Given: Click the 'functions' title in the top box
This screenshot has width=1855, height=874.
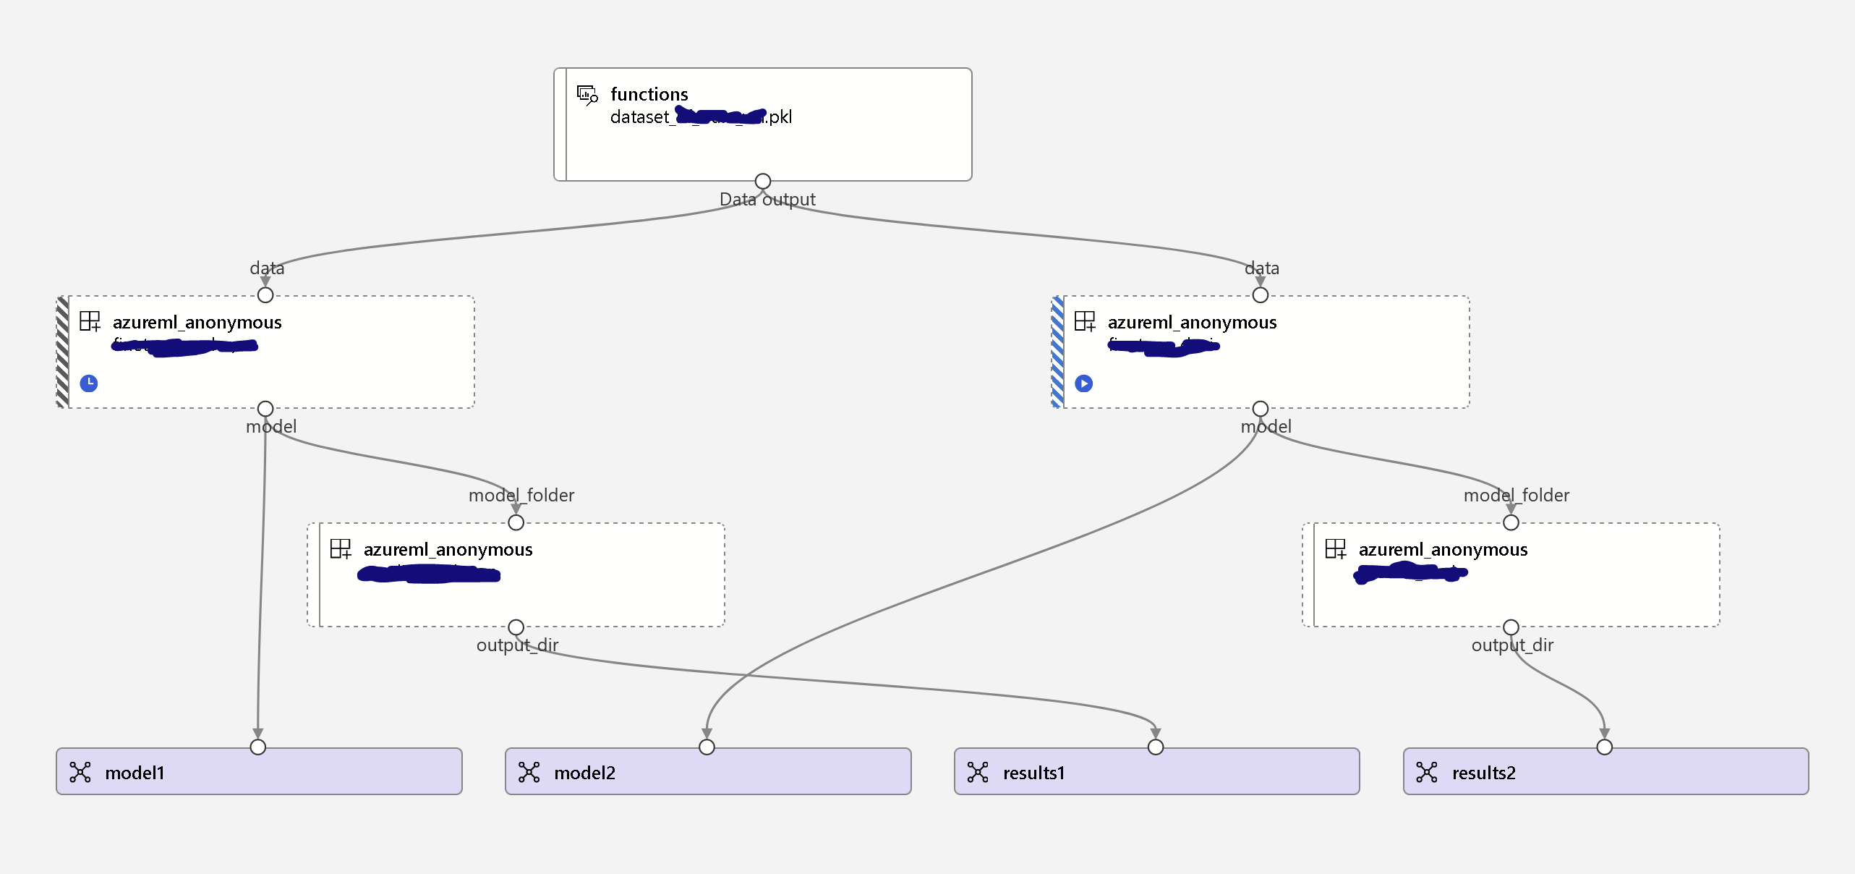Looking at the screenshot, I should pyautogui.click(x=649, y=94).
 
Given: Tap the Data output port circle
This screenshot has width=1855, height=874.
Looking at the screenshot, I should pyautogui.click(x=762, y=181).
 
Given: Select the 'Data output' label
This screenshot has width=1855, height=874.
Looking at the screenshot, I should pyautogui.click(x=767, y=200).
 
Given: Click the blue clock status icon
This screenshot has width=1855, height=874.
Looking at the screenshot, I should pyautogui.click(x=89, y=383).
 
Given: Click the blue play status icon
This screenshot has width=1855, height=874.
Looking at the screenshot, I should pyautogui.click(x=1083, y=383).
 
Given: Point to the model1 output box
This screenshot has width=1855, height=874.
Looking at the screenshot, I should pyautogui.click(x=259, y=772).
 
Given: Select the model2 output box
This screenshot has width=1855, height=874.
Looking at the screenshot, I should pyautogui.click(x=708, y=772).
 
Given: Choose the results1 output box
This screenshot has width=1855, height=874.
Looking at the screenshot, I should pyautogui.click(x=1156, y=772).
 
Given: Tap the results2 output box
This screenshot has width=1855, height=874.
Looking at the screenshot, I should pyautogui.click(x=1605, y=772).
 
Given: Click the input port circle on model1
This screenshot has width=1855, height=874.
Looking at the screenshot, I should pyautogui.click(x=257, y=747).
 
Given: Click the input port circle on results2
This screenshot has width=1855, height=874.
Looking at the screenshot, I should pyautogui.click(x=1604, y=747).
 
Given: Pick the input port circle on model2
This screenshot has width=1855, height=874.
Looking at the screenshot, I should pyautogui.click(x=707, y=747).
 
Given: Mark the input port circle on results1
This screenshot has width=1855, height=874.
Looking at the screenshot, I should pyautogui.click(x=1156, y=747).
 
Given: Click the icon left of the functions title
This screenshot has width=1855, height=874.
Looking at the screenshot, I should pyautogui.click(x=587, y=95).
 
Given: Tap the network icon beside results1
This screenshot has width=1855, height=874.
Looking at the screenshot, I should pyautogui.click(x=978, y=773).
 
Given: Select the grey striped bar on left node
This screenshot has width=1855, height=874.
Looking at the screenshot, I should pyautogui.click(x=63, y=352).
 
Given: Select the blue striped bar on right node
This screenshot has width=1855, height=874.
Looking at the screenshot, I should pyautogui.click(x=1057, y=352).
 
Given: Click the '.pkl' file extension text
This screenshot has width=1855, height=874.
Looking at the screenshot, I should pyautogui.click(x=780, y=117).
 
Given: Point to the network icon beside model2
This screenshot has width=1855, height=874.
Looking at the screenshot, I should pyautogui.click(x=529, y=773).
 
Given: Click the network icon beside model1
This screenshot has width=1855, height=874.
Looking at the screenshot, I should pyautogui.click(x=80, y=773).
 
